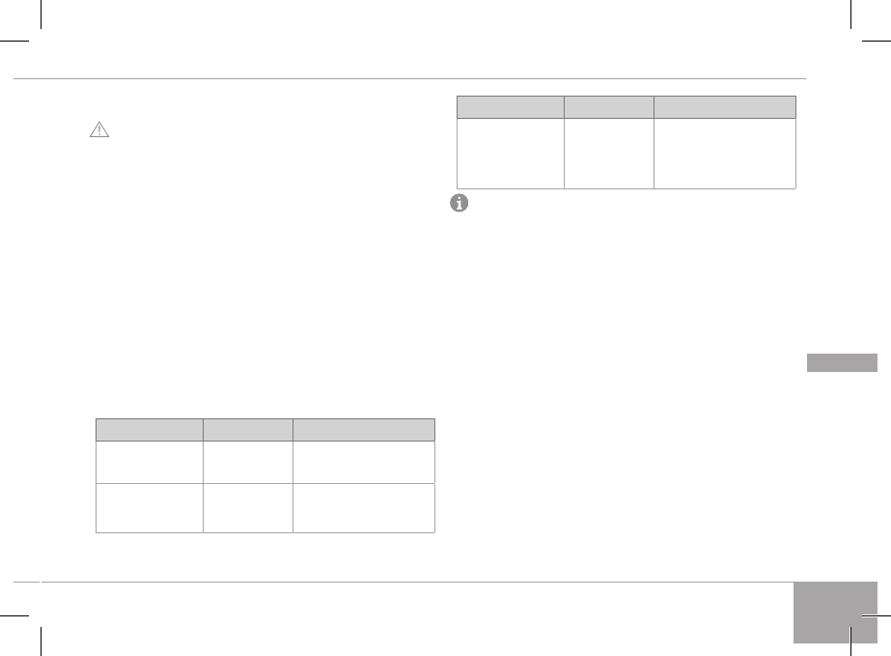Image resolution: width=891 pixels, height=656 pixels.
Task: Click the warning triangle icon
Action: (x=100, y=129)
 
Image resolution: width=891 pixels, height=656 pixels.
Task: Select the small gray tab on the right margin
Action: (x=842, y=362)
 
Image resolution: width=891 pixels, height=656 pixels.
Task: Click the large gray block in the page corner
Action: (x=836, y=612)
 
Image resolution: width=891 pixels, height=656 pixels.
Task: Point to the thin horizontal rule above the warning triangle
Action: (x=405, y=78)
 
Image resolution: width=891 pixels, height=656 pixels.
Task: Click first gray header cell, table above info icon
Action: (x=510, y=106)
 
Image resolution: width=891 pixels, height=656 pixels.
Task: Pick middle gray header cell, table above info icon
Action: (x=609, y=106)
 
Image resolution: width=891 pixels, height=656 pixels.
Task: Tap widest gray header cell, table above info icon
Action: (x=725, y=106)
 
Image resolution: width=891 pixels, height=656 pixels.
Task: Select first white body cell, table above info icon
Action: (x=510, y=153)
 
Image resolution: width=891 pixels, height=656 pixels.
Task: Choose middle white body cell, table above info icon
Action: (x=609, y=153)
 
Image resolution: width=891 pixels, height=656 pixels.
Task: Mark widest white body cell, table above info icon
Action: (x=725, y=153)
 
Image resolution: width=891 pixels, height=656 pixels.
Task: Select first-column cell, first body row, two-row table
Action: (x=149, y=462)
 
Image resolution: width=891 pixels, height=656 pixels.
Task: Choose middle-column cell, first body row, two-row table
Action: (x=248, y=462)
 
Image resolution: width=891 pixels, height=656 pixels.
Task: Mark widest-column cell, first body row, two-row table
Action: (x=364, y=462)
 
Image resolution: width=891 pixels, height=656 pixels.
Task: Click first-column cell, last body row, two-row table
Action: (x=149, y=507)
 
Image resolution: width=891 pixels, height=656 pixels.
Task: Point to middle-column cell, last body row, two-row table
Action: (x=248, y=507)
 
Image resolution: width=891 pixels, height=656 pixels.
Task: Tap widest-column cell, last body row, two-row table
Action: (x=364, y=507)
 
